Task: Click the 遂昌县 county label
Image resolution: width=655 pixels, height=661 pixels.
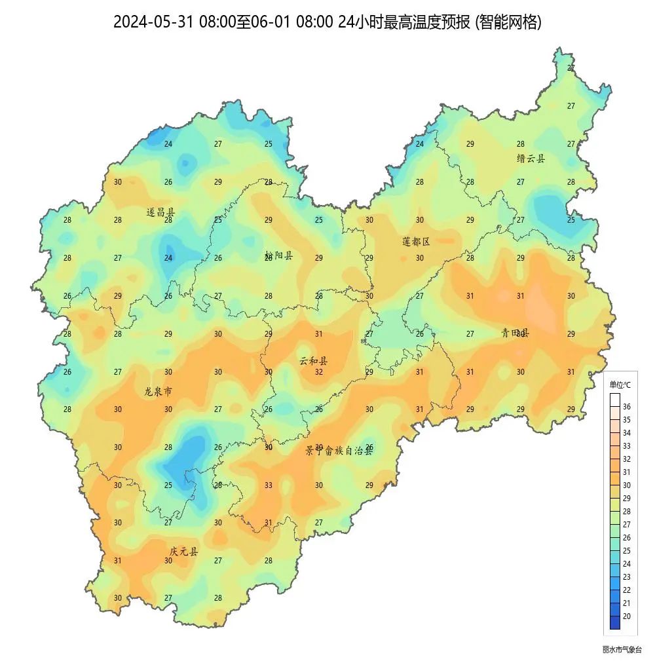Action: [x=160, y=212]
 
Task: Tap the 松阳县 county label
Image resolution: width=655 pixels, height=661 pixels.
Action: [x=278, y=255]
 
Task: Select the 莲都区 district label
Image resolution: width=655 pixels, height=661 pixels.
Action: [x=416, y=242]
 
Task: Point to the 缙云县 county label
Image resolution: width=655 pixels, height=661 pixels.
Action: [x=531, y=159]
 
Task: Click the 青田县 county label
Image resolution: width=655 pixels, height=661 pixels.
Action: [x=515, y=333]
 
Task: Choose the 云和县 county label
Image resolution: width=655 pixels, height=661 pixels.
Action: [x=314, y=361]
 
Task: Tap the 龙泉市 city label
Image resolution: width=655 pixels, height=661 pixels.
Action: [x=159, y=392]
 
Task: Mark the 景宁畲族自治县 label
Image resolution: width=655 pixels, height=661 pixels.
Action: [x=339, y=451]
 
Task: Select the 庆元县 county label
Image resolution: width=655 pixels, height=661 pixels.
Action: [x=183, y=552]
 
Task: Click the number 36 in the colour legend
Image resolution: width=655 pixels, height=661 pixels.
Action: [x=626, y=407]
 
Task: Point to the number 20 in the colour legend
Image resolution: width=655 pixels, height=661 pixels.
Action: [x=626, y=616]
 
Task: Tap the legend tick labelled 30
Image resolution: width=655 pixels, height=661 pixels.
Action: [x=626, y=485]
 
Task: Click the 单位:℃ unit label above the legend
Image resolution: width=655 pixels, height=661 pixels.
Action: [x=620, y=385]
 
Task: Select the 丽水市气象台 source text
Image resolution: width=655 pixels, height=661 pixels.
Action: [x=622, y=650]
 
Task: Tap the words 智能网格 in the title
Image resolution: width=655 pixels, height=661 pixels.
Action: [x=509, y=22]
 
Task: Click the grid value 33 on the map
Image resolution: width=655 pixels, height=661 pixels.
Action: [x=269, y=485]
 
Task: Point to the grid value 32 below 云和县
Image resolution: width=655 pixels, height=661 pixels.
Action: [x=319, y=372]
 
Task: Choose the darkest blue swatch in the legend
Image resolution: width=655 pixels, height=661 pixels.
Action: [x=614, y=622]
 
